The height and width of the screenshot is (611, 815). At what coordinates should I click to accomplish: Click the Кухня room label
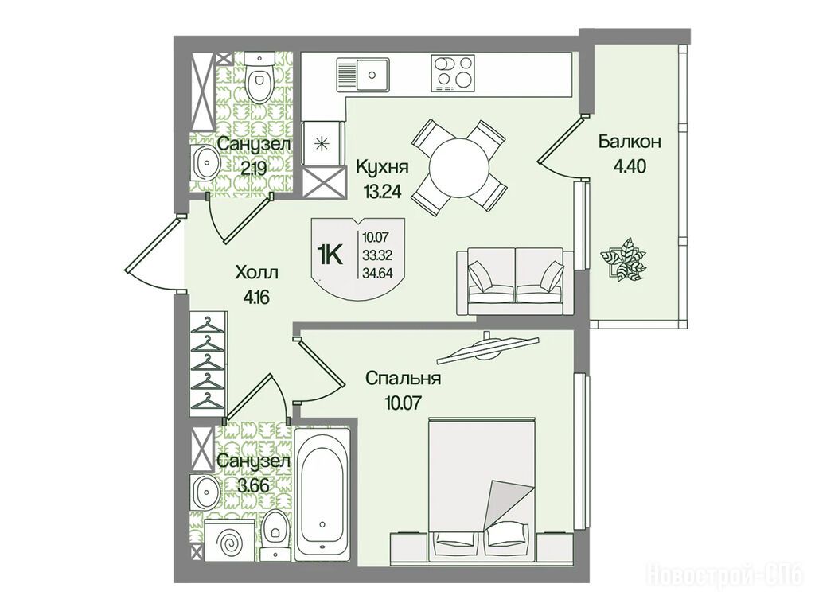(x=382, y=167)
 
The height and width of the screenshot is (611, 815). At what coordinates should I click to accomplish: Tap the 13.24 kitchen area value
(x=383, y=192)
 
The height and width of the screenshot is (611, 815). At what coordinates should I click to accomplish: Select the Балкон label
(x=630, y=142)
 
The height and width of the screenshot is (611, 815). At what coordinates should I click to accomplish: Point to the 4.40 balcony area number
(x=630, y=166)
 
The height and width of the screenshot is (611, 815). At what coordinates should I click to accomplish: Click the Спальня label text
(x=403, y=378)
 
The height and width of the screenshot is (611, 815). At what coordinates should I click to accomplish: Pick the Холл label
(x=257, y=272)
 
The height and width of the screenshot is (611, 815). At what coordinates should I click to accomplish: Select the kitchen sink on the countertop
(x=363, y=75)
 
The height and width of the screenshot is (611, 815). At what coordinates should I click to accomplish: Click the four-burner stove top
(x=453, y=73)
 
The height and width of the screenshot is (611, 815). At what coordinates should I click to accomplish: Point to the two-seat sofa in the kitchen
(x=515, y=281)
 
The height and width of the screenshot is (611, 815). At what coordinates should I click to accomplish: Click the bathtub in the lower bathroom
(x=322, y=492)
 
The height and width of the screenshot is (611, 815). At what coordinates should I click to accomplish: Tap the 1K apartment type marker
(x=330, y=255)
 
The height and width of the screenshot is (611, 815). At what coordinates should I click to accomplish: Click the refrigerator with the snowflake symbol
(x=323, y=143)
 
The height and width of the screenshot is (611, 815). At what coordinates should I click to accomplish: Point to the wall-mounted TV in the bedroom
(x=488, y=347)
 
